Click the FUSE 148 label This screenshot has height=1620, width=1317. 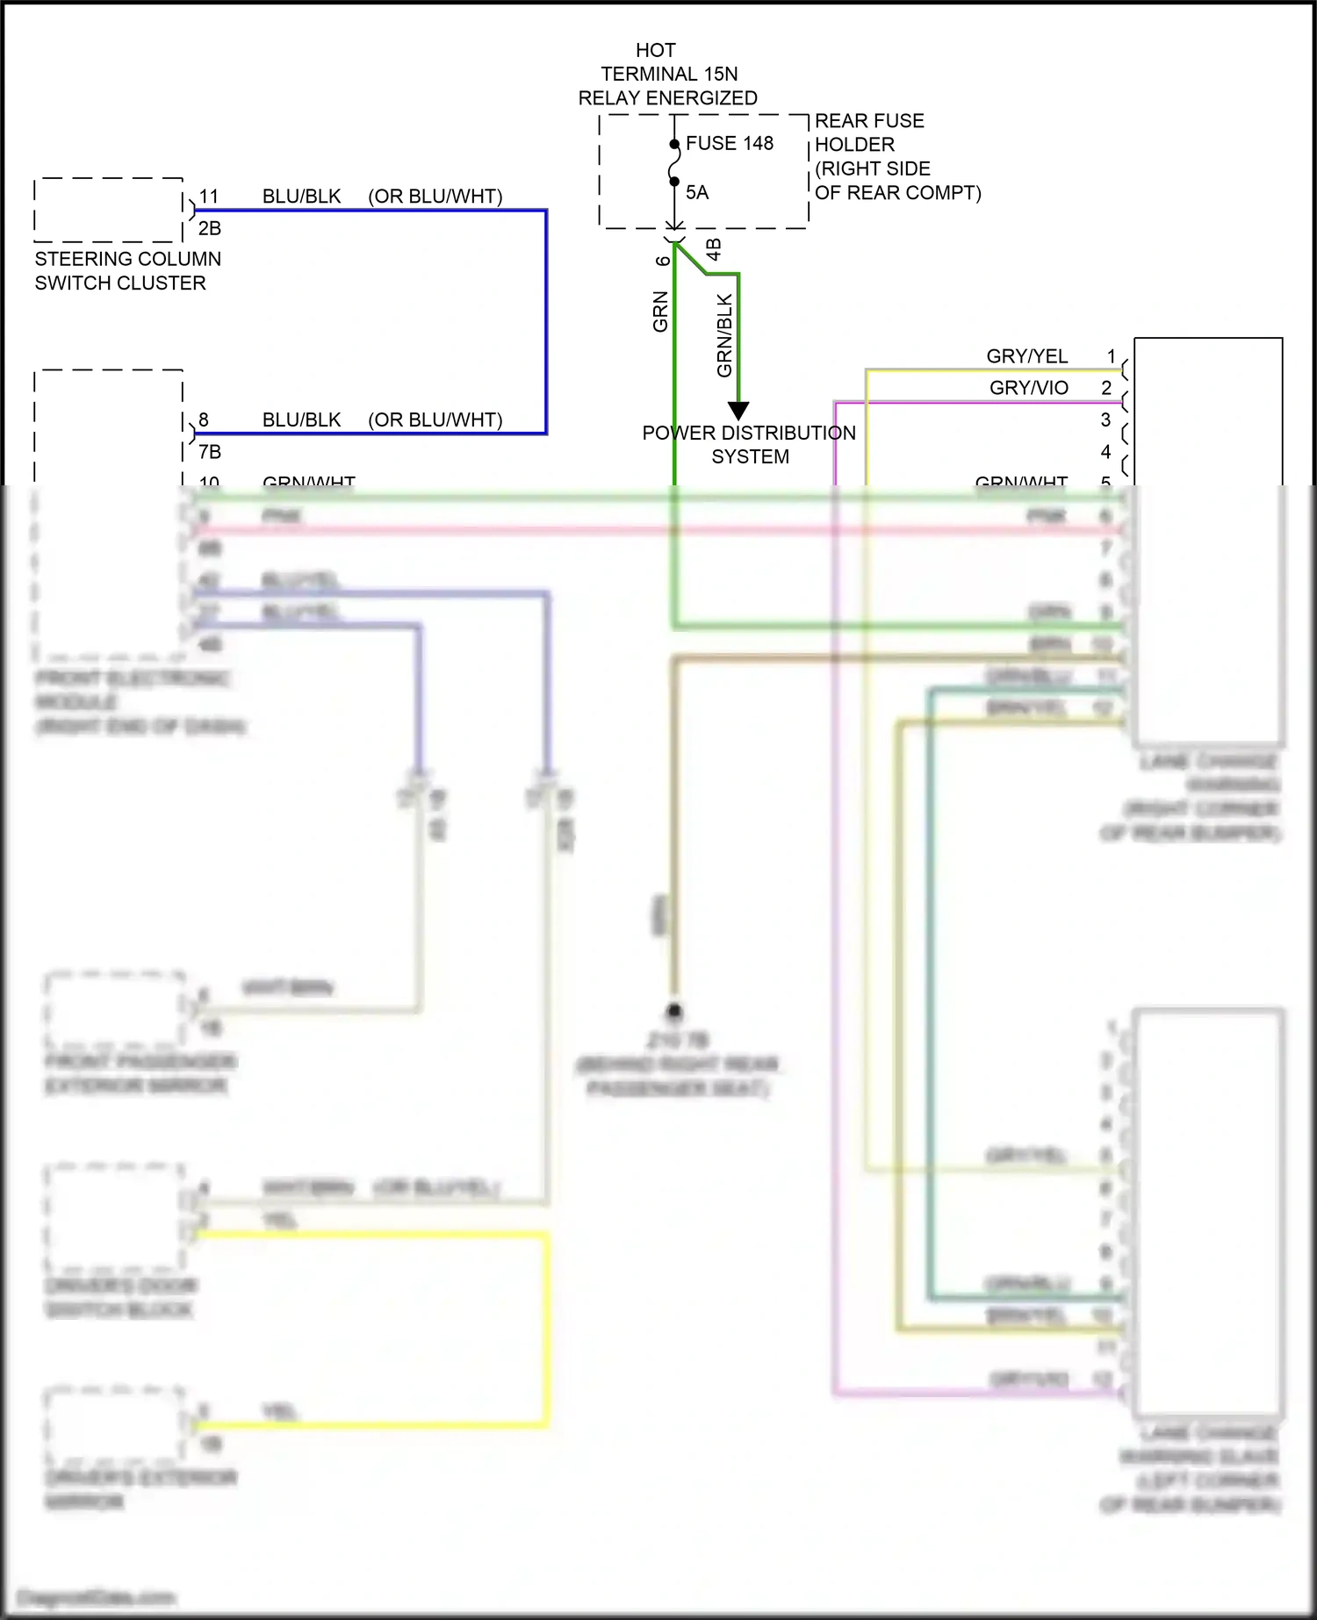(729, 143)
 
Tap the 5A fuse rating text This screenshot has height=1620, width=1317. (697, 192)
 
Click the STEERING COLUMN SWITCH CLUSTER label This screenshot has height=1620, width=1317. (127, 270)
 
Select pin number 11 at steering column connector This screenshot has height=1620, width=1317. (209, 197)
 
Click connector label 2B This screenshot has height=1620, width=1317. (210, 228)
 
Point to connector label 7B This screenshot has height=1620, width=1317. (210, 452)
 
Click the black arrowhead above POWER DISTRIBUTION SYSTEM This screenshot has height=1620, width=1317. (738, 410)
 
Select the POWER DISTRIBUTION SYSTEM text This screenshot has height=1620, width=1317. (749, 444)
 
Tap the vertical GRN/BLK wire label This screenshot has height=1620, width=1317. (724, 335)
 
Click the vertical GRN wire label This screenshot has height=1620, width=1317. (660, 312)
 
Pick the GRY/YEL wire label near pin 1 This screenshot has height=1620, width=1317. (1026, 356)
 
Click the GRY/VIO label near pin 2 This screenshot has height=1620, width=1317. (1028, 388)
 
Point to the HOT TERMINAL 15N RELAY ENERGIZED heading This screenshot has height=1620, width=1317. (667, 75)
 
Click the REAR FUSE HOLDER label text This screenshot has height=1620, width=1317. (897, 156)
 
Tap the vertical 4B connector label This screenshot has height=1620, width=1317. (714, 249)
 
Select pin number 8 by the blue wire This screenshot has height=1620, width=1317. (204, 419)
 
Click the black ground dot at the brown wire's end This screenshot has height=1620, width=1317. (674, 1011)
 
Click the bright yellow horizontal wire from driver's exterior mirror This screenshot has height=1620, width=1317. (369, 1424)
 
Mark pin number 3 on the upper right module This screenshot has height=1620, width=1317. (1106, 419)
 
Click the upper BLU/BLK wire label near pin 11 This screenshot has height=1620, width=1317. (301, 197)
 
